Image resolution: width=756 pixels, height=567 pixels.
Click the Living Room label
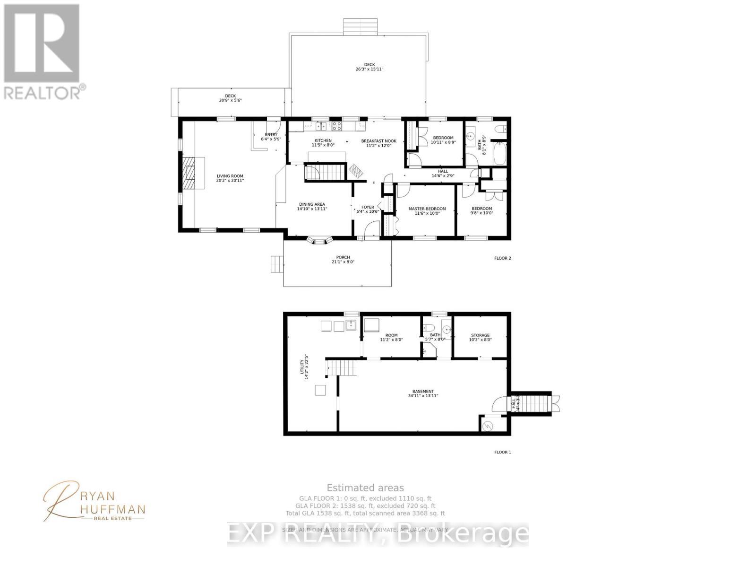pyautogui.click(x=230, y=178)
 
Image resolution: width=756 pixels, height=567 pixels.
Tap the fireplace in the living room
pyautogui.click(x=189, y=173)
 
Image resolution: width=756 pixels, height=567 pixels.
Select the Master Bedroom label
pyautogui.click(x=427, y=211)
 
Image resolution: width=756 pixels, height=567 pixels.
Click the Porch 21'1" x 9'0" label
pyautogui.click(x=343, y=260)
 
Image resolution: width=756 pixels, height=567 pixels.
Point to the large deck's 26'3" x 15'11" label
pyautogui.click(x=369, y=67)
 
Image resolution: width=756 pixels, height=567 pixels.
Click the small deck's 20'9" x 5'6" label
pyautogui.click(x=230, y=98)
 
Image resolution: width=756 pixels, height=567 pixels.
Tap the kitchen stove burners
pyautogui.click(x=337, y=126)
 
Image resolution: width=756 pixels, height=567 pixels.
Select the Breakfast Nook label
pyautogui.click(x=378, y=143)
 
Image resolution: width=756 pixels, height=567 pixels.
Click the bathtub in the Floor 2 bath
pyautogui.click(x=500, y=155)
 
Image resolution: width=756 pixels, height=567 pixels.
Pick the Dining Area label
pyautogui.click(x=312, y=207)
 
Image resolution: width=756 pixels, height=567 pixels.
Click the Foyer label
pyautogui.click(x=368, y=209)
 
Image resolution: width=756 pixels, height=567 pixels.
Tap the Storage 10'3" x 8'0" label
pyautogui.click(x=480, y=337)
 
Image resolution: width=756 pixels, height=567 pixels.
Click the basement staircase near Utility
pyautogui.click(x=341, y=367)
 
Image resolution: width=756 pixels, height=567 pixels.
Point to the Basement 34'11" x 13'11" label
pyautogui.click(x=423, y=393)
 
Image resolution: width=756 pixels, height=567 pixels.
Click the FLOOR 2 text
pyautogui.click(x=502, y=258)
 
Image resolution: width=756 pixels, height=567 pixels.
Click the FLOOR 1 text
pyautogui.click(x=502, y=452)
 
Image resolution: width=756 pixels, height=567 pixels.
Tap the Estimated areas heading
pyautogui.click(x=365, y=488)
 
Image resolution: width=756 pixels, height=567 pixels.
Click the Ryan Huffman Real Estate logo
pyautogui.click(x=94, y=501)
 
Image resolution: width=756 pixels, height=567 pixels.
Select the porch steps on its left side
pyautogui.click(x=276, y=264)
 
